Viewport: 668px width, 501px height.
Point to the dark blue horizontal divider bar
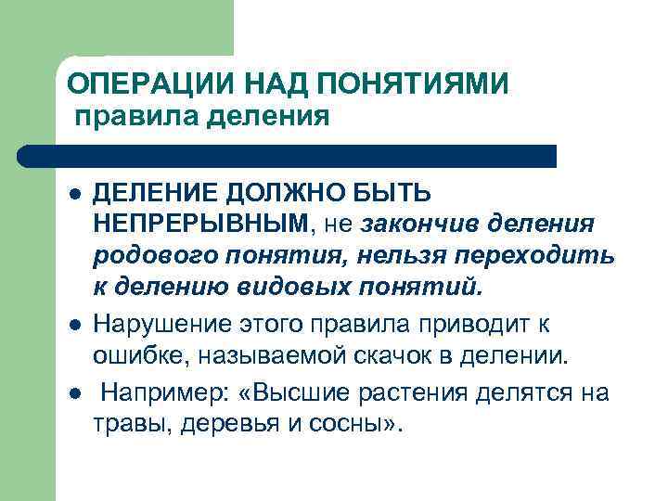[x=288, y=156]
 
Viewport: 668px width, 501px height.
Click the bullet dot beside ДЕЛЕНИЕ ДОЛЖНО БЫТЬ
[x=73, y=196]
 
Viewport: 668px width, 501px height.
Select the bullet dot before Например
[x=73, y=394]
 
